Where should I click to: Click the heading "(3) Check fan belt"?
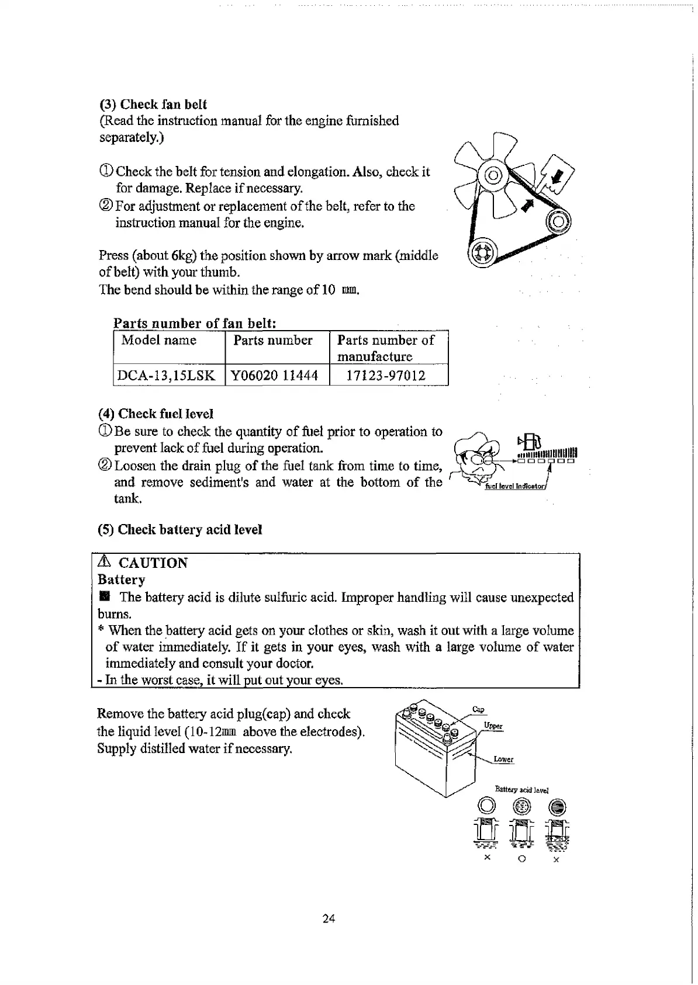click(x=153, y=105)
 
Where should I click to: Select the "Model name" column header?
click(x=158, y=341)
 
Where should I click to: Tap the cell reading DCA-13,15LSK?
click(x=166, y=376)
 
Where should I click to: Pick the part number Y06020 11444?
click(x=275, y=376)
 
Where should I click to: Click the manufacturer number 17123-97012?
click(x=386, y=376)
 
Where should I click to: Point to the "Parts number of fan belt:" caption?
click(x=195, y=323)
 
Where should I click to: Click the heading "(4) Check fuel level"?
click(x=156, y=414)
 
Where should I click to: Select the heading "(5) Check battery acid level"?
click(x=179, y=530)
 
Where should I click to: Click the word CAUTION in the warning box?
click(x=153, y=563)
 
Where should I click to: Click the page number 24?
click(x=329, y=919)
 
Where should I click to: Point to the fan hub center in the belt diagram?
click(x=493, y=175)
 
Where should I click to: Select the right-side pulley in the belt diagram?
click(x=558, y=221)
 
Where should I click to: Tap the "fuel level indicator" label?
click(x=515, y=487)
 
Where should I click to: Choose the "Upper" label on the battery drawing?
click(x=493, y=726)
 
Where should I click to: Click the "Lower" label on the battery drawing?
click(x=503, y=759)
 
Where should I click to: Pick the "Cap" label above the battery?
click(x=478, y=709)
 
